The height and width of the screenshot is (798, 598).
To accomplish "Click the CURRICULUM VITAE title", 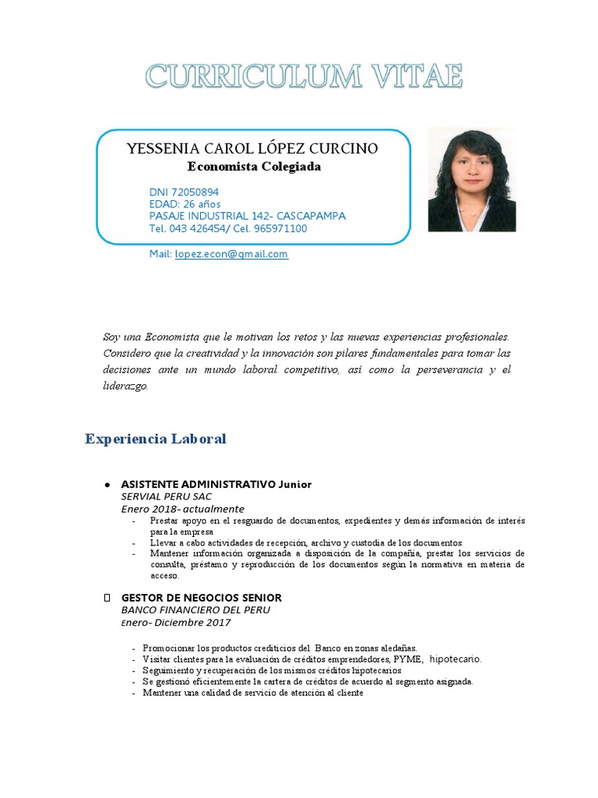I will coord(304,77).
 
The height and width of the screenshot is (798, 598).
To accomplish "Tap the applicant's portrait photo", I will coord(471,180).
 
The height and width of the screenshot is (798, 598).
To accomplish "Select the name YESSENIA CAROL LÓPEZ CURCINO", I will coord(252,148).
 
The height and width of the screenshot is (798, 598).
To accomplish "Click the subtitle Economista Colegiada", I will coord(254,167).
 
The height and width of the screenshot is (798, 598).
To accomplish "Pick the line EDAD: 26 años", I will coord(185,204).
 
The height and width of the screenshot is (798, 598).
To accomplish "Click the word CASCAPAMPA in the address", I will coord(310,216).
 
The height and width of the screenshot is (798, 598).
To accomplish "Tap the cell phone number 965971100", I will coord(278,228).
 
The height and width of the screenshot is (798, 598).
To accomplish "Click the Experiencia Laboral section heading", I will coord(155,440).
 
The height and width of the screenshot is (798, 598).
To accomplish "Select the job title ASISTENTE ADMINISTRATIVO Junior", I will coord(216,485).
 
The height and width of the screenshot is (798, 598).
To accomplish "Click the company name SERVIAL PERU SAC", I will coord(167,496).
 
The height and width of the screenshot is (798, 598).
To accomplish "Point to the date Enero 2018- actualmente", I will coord(183,509).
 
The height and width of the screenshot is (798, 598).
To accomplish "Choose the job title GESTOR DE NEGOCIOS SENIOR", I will coord(202,598).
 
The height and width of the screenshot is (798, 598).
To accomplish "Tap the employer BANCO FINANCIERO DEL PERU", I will coord(195,610).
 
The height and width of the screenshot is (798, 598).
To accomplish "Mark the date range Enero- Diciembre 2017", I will coord(176,623).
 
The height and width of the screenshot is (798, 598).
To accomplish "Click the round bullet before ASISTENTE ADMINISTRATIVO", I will coord(107,485).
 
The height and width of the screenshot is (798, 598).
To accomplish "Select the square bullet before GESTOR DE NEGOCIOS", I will coord(107,598).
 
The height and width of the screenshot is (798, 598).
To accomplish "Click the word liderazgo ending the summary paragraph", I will coord(125,386).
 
